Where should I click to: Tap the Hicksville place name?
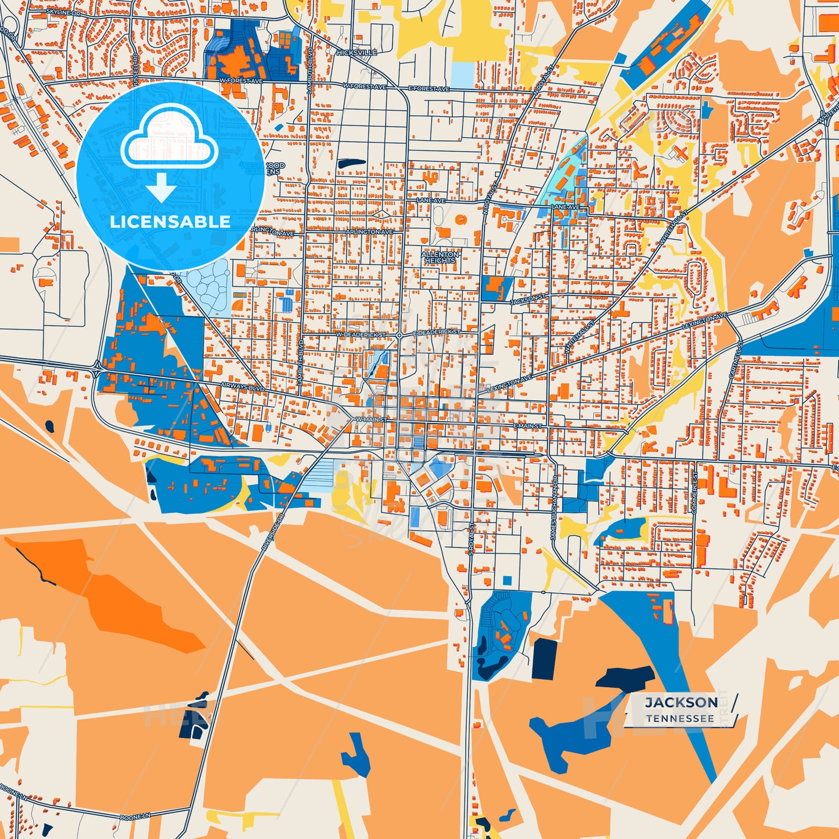click(357, 52)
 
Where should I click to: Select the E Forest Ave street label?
click(429, 89)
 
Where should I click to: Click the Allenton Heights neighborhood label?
click(440, 257)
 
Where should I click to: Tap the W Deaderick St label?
click(361, 335)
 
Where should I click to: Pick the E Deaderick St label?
click(436, 333)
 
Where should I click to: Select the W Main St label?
click(370, 419)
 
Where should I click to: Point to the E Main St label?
click(527, 426)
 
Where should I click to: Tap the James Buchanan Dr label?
click(554, 510)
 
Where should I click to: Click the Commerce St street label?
click(694, 492)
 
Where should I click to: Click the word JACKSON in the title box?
click(681, 703)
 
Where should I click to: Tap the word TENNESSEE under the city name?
click(680, 719)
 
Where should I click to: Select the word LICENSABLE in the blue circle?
click(170, 221)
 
